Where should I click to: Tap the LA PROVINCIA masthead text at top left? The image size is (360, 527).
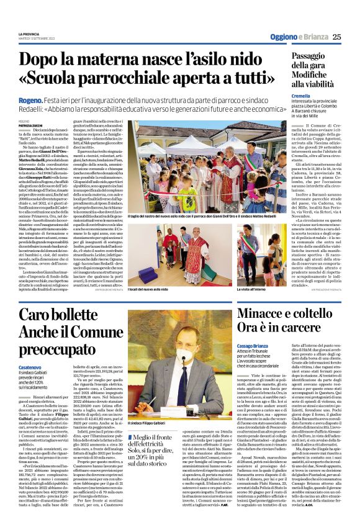30,32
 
